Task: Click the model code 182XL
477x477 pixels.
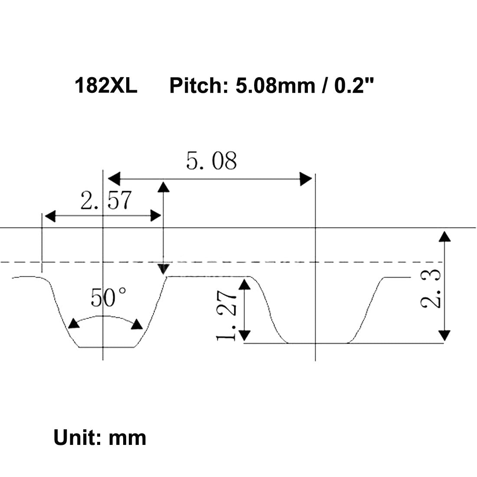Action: [x=106, y=85]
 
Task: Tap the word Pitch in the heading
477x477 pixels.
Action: [x=195, y=85]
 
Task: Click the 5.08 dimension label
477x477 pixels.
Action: [x=212, y=161]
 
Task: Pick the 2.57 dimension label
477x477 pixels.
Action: [x=106, y=201]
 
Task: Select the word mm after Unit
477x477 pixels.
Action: [x=127, y=438]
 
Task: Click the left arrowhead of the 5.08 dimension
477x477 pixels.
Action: [x=114, y=178]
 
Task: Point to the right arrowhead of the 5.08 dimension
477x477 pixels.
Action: [x=306, y=178]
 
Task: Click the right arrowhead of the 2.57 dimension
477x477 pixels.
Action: [x=156, y=216]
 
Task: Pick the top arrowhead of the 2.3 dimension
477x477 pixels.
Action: [x=444, y=236]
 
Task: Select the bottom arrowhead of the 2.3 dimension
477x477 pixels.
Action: [x=444, y=335]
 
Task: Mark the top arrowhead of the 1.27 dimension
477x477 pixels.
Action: [x=245, y=284]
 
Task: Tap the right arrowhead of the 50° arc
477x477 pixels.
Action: [x=138, y=324]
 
